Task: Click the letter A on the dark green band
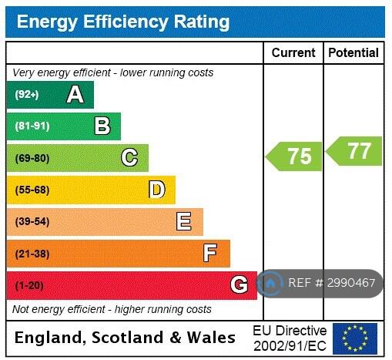(75, 95)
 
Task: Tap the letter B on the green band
(102, 126)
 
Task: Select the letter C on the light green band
(129, 157)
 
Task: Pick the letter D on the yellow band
(157, 190)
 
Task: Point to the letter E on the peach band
(184, 221)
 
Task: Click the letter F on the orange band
(210, 253)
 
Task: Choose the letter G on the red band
(239, 284)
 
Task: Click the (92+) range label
(27, 95)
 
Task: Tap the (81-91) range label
(32, 126)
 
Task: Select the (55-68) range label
(32, 190)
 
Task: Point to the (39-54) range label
(32, 221)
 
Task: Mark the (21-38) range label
(32, 254)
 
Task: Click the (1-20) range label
(29, 285)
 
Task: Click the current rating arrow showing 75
(293, 156)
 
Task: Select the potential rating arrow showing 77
(353, 151)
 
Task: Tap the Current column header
(293, 52)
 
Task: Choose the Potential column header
(353, 52)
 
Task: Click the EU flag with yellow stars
(355, 338)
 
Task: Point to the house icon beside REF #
(270, 284)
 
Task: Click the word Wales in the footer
(211, 338)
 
